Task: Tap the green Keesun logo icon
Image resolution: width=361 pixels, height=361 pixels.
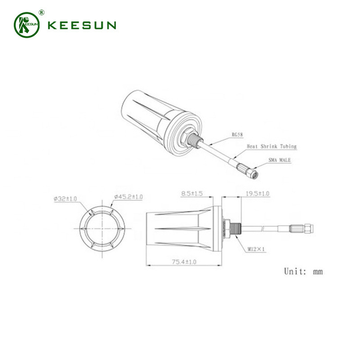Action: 27,24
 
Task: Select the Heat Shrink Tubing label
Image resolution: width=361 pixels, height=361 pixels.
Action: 271,147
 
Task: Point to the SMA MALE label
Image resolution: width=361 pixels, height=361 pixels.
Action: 279,161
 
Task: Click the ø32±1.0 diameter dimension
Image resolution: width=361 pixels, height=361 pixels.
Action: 67,198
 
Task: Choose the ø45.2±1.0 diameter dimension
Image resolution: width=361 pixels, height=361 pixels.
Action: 129,197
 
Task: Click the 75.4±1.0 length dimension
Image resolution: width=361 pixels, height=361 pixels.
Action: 180,262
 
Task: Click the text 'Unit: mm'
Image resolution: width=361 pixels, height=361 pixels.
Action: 303,271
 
